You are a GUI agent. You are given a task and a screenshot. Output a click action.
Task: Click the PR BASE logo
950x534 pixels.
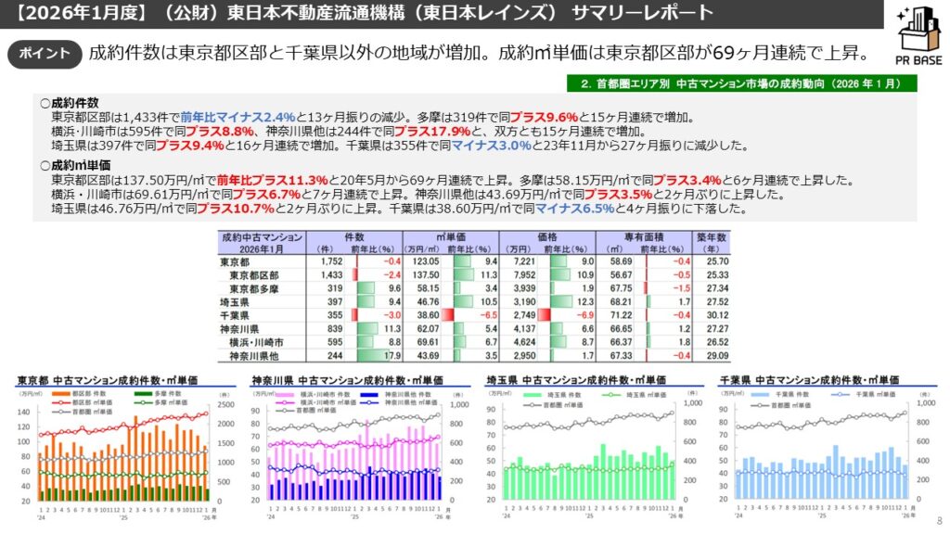click(913, 39)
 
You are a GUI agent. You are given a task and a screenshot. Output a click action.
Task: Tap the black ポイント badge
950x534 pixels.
click(45, 53)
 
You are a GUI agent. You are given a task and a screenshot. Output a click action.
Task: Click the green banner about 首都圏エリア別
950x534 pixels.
click(741, 83)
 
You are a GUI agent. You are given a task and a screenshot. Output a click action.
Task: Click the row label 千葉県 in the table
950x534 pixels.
click(234, 315)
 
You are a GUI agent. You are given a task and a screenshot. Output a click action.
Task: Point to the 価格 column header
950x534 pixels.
click(547, 237)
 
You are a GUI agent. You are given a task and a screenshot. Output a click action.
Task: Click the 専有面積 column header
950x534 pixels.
click(648, 237)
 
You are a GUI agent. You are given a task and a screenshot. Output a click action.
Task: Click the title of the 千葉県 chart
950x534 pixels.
click(809, 380)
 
